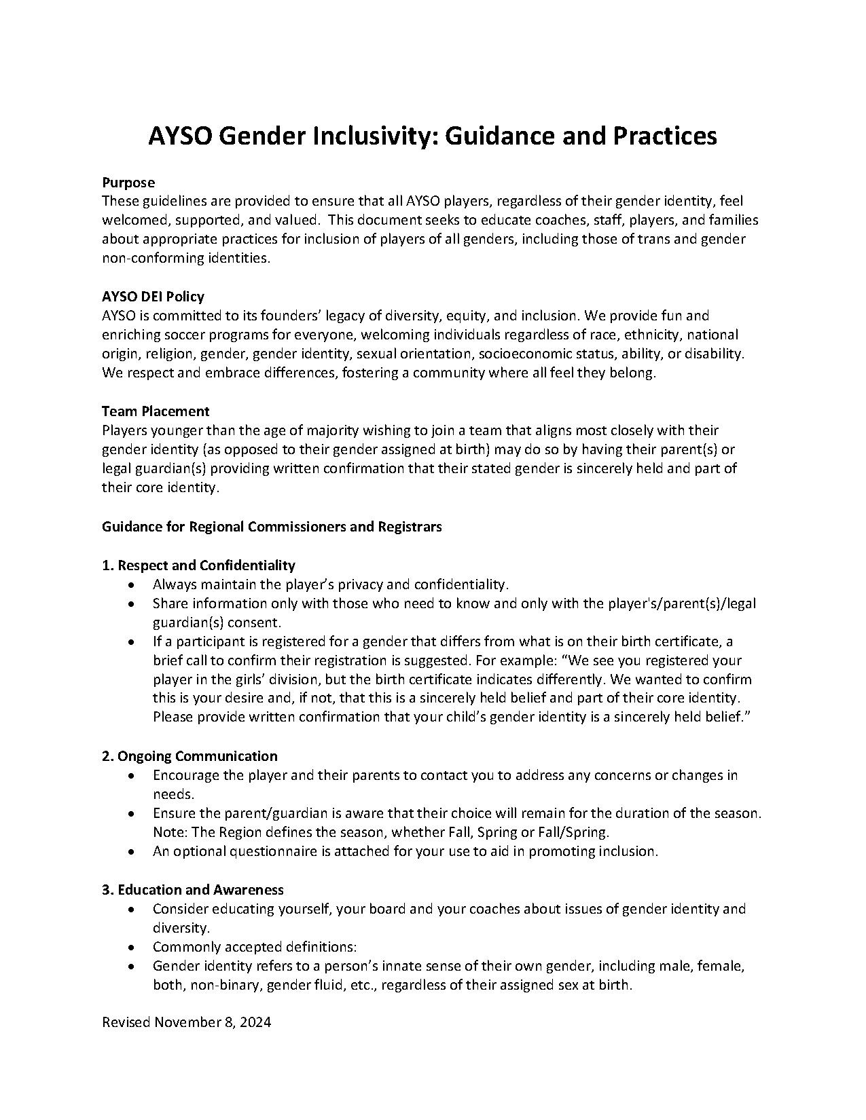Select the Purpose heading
click(128, 183)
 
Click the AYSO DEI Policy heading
click(153, 297)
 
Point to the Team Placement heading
click(156, 411)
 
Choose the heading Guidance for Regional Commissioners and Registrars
click(272, 527)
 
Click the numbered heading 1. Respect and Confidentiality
click(198, 565)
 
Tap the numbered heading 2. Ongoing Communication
click(190, 756)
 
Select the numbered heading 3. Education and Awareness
click(193, 890)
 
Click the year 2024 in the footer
click(255, 1023)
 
